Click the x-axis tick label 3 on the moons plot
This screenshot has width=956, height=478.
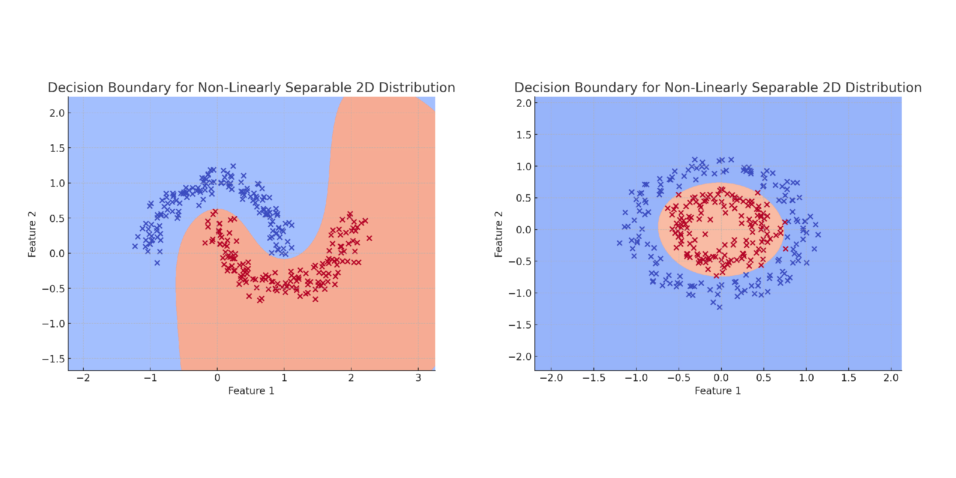click(x=418, y=378)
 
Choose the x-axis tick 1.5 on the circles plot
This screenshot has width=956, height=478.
click(x=848, y=378)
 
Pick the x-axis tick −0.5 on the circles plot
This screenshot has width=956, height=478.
click(x=678, y=378)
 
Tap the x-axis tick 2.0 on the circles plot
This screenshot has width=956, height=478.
click(x=891, y=378)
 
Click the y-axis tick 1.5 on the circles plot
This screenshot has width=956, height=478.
click(x=524, y=135)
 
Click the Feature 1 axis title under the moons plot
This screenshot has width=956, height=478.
click(x=251, y=391)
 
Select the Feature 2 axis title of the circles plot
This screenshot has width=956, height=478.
click(x=498, y=234)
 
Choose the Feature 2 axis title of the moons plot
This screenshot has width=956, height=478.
click(x=32, y=234)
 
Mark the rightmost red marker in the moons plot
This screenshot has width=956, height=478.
click(x=369, y=238)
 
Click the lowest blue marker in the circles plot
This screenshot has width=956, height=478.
click(x=719, y=307)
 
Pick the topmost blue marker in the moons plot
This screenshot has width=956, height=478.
click(x=233, y=166)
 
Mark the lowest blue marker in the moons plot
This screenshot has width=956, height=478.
click(x=157, y=263)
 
